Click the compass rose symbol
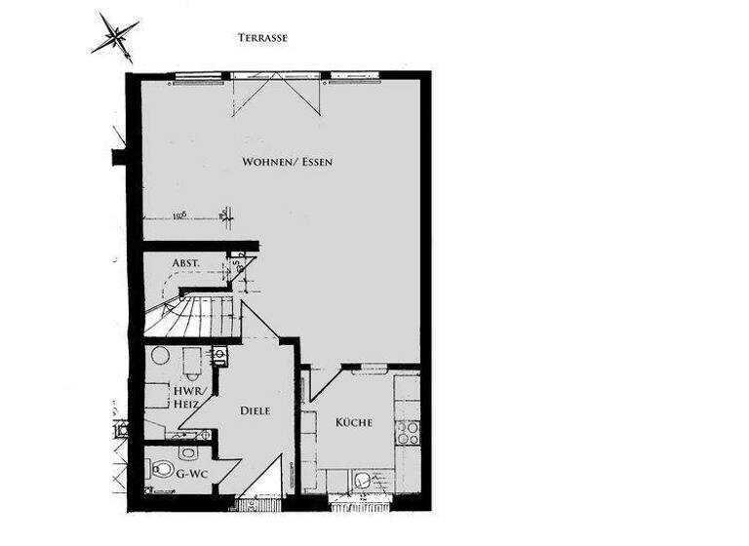(115, 37)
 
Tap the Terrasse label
(262, 38)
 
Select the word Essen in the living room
(315, 161)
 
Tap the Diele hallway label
(255, 411)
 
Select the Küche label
(353, 422)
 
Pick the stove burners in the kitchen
(407, 432)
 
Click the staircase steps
(195, 317)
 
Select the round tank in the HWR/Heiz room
(159, 356)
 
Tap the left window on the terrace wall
(201, 77)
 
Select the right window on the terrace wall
(355, 77)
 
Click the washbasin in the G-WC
(188, 452)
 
